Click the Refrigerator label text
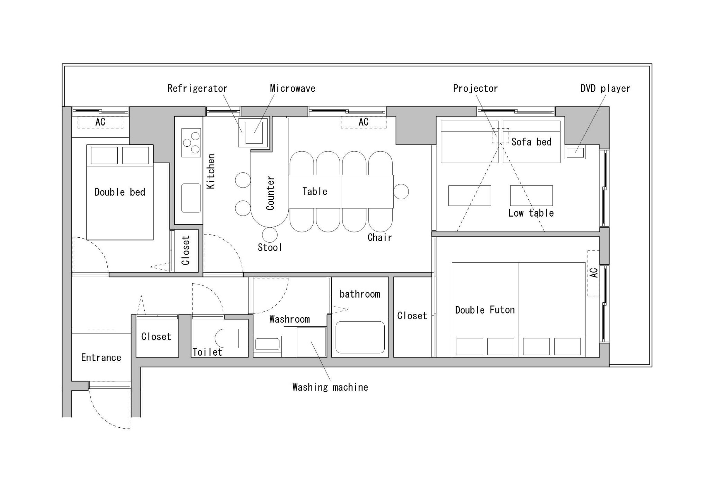coord(197,89)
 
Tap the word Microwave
coord(293,89)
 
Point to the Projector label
coord(475,89)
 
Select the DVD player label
coord(605,89)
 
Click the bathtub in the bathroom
coord(360,338)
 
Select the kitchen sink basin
coord(191,198)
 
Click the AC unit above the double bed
coord(100,122)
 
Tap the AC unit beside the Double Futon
coord(593,273)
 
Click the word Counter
coord(270,193)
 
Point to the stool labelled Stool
coord(270,235)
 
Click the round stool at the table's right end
coord(401,191)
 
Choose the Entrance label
coord(101,357)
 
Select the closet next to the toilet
coord(157,336)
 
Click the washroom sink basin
coord(267,344)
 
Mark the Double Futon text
coord(485,310)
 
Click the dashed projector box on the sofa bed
coord(501,136)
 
